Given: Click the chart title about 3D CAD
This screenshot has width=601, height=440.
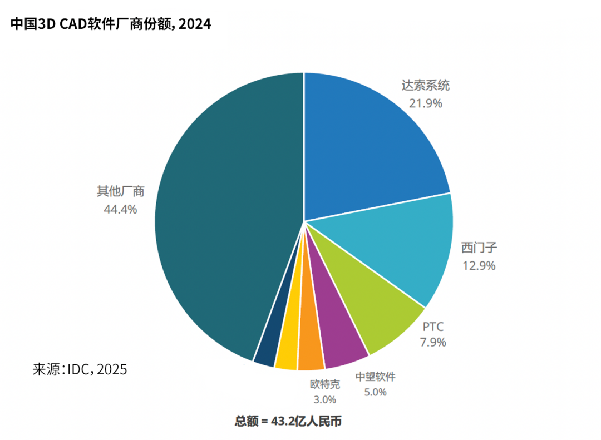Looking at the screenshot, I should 111,24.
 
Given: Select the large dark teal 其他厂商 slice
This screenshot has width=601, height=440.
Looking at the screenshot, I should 223,223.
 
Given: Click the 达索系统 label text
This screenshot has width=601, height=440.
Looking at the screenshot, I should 426,86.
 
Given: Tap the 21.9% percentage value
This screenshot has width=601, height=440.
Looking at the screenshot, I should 426,103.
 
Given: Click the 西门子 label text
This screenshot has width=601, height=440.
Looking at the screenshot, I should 479,248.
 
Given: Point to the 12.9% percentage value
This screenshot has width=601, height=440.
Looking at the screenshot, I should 479,265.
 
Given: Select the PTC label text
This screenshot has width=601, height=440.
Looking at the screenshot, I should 433,325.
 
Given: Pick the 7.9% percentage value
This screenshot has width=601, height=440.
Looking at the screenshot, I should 433,342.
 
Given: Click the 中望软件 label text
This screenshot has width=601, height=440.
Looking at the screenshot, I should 375,377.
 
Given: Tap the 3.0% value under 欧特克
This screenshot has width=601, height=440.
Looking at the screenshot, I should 324,399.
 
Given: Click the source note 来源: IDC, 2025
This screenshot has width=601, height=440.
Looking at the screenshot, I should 80,369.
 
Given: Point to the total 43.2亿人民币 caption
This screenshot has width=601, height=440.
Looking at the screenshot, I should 288,421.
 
